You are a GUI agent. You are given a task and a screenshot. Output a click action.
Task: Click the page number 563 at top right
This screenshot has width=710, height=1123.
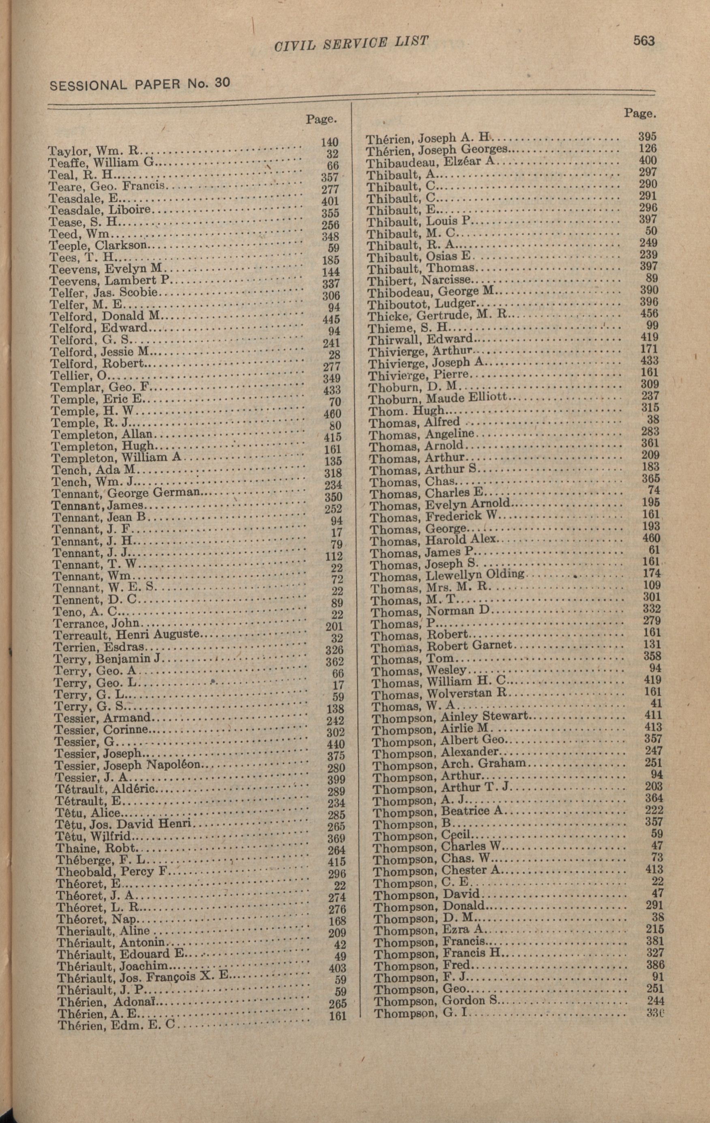(x=644, y=41)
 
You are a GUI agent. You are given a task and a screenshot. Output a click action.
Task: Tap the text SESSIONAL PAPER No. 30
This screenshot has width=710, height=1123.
(x=139, y=84)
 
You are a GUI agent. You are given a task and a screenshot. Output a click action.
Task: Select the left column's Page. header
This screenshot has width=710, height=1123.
(x=321, y=119)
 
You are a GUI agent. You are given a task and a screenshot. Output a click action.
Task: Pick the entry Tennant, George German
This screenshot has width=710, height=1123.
(x=126, y=493)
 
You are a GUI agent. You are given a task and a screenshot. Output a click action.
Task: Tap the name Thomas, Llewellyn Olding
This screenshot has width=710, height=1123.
(x=446, y=576)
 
